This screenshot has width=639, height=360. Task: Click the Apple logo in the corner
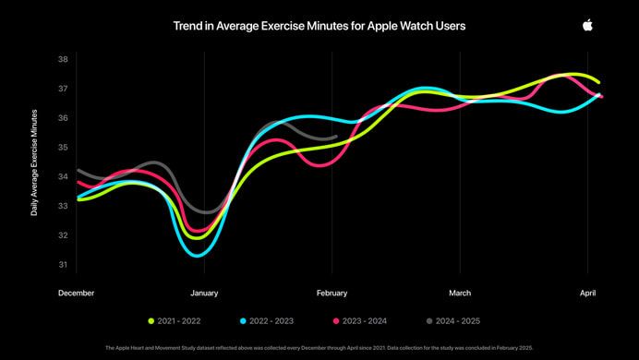point(587,26)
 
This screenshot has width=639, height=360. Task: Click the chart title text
point(319,27)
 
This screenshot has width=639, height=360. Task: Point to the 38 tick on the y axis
point(63,59)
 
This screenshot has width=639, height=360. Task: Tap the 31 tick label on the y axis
point(63,265)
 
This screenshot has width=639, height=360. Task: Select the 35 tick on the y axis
point(63,148)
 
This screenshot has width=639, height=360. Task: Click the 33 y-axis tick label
point(63,206)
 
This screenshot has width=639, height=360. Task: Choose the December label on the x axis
point(76,293)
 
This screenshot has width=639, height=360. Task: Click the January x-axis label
point(204,293)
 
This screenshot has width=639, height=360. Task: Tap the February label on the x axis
point(332,293)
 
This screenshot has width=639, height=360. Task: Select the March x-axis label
point(460,293)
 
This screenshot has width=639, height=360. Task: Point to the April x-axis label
point(588,293)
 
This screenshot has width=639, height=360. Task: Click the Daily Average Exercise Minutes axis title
point(34,162)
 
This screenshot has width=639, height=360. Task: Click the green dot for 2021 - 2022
point(151,320)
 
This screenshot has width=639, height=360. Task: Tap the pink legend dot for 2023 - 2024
point(336,320)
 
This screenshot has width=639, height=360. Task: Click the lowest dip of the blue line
point(196,255)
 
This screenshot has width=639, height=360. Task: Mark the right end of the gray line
point(337,137)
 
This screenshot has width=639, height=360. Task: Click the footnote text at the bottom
point(319,347)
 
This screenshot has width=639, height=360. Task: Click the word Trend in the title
point(187,27)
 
